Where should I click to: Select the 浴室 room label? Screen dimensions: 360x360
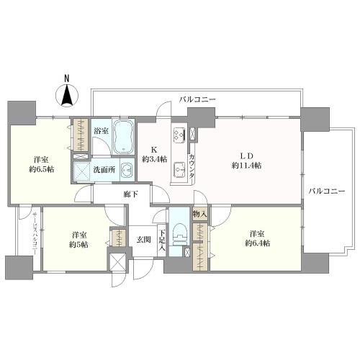pyautogui.click(x=101, y=131)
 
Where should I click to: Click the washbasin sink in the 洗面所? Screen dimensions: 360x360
pyautogui.click(x=125, y=171)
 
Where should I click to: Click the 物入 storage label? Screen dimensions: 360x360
pyautogui.click(x=199, y=215)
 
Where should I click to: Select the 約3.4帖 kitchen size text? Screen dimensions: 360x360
pyautogui.click(x=154, y=159)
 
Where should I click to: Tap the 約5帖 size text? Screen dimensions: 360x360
pyautogui.click(x=79, y=245)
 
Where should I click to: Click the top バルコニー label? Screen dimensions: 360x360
pyautogui.click(x=198, y=100)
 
